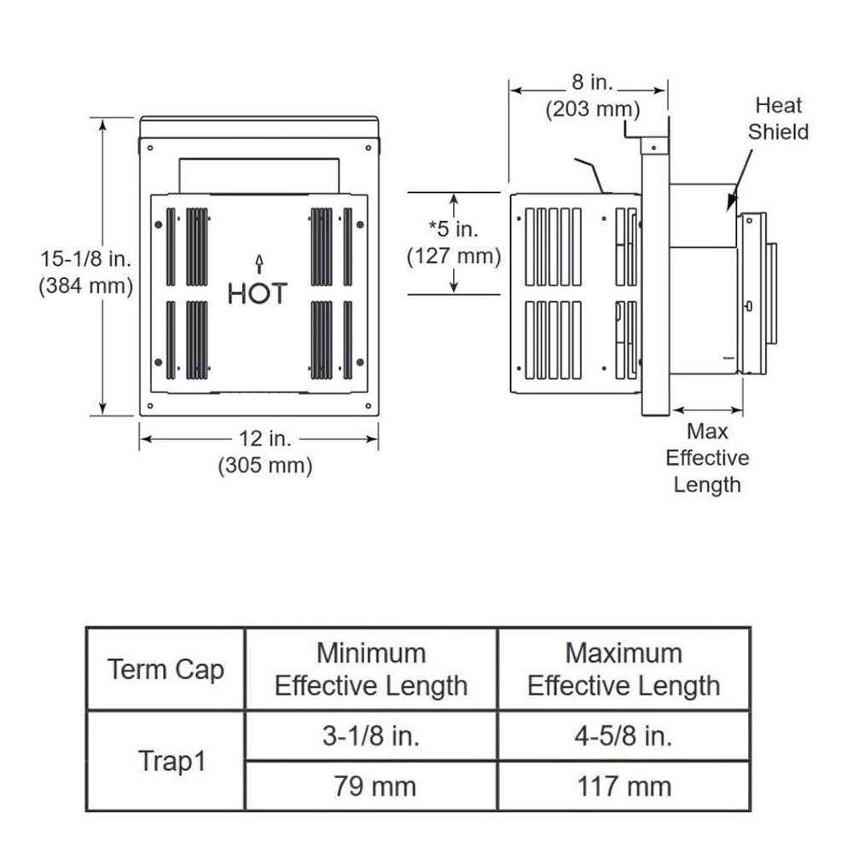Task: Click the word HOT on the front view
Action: pos(258,293)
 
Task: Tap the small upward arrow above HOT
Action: pos(258,262)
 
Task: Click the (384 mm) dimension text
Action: pos(85,287)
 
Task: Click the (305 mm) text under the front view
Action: pos(265,466)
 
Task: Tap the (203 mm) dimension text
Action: pos(592,109)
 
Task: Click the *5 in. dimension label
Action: pos(454,228)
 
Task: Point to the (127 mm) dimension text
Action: pos(454,255)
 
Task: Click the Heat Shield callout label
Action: pos(778,119)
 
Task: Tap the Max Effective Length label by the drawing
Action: pos(707,458)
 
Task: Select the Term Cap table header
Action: pos(165,670)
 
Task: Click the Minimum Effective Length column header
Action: pos(371,670)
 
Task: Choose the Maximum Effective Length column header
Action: pos(624,670)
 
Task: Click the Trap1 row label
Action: pos(171,762)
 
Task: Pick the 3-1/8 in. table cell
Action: pos(371,736)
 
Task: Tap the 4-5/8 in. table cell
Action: pos(624,736)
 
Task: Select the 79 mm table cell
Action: pos(371,786)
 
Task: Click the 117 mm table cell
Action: pos(624,786)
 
